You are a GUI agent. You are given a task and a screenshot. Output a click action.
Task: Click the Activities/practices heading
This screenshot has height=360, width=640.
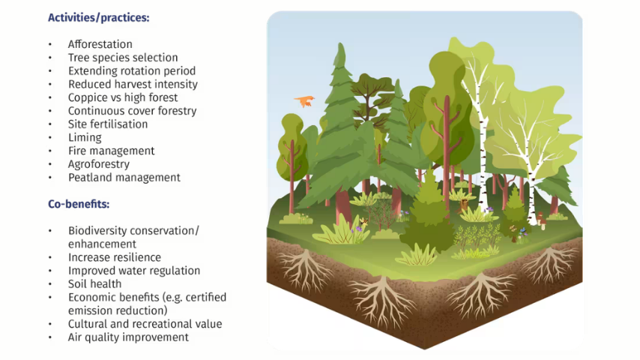[x=99, y=18]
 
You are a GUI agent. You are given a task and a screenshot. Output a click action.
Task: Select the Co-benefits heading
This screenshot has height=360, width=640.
[x=79, y=204]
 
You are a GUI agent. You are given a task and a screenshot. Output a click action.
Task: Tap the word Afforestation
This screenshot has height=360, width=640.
[x=100, y=44]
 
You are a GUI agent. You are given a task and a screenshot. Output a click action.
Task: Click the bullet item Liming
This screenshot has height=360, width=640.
[x=85, y=138]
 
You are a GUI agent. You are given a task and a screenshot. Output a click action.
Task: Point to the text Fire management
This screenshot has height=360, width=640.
[x=112, y=151]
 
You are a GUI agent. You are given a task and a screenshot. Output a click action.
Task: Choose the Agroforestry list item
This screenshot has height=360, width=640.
[x=99, y=164]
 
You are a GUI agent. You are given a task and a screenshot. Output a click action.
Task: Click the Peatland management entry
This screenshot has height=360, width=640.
[x=124, y=177]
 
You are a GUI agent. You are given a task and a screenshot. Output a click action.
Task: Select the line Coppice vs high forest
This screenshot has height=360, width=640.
[x=123, y=97]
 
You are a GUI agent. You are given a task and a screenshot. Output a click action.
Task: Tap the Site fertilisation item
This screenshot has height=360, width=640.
[x=108, y=124]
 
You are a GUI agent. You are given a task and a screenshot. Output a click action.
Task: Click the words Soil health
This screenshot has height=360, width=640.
[x=94, y=284]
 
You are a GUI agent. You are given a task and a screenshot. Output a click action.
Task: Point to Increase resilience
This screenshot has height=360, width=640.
[x=114, y=257]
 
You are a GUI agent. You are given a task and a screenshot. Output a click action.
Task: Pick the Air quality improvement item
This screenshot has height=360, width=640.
[x=128, y=337]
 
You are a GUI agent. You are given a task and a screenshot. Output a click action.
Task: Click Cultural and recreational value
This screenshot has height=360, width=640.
[x=145, y=324]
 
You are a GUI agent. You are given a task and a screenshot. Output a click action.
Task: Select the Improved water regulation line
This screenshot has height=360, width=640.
[x=134, y=271]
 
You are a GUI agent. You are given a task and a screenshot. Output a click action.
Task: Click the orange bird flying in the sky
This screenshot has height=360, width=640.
[x=304, y=100]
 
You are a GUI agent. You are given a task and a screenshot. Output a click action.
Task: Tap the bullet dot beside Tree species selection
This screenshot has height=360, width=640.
[x=50, y=58]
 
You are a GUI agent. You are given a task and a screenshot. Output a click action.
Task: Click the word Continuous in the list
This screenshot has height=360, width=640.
[x=93, y=111]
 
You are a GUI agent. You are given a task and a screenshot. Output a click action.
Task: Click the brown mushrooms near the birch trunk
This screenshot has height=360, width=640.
[x=541, y=220]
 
